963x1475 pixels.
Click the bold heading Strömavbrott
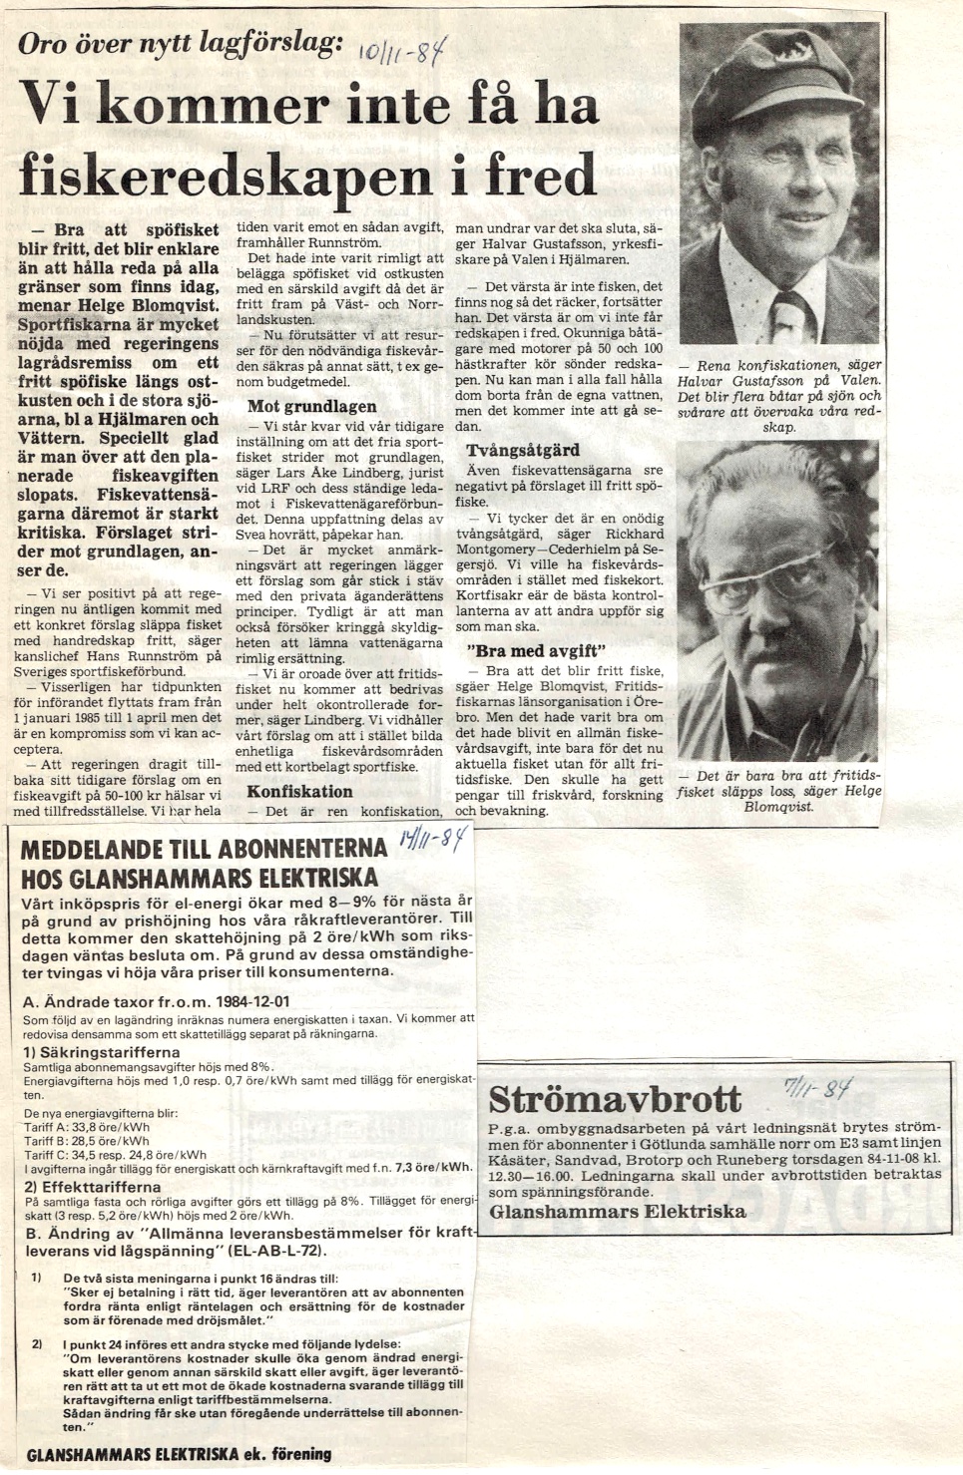pyautogui.click(x=616, y=1099)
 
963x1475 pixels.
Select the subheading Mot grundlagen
pyautogui.click(x=312, y=407)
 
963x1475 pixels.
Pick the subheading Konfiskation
pyautogui.click(x=299, y=791)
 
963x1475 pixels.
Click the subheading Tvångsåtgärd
pyautogui.click(x=515, y=451)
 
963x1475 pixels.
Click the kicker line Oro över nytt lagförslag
pyautogui.click(x=181, y=43)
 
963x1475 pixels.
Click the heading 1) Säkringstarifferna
pyautogui.click(x=101, y=1051)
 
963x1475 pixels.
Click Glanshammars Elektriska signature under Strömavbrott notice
pyautogui.click(x=618, y=1211)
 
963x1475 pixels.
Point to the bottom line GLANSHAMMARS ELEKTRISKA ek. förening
pyautogui.click(x=179, y=1453)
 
